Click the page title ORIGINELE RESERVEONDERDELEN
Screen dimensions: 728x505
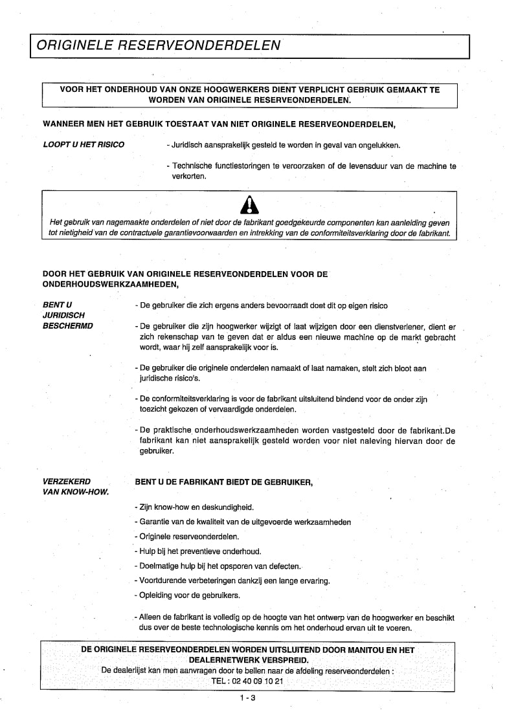click(159, 45)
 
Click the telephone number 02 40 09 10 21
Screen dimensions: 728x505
click(256, 681)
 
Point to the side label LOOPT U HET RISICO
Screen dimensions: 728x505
click(84, 144)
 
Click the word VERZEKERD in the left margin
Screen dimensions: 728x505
click(67, 481)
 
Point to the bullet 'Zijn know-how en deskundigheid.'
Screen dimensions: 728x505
click(194, 507)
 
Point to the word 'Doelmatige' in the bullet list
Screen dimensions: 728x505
click(156, 566)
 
